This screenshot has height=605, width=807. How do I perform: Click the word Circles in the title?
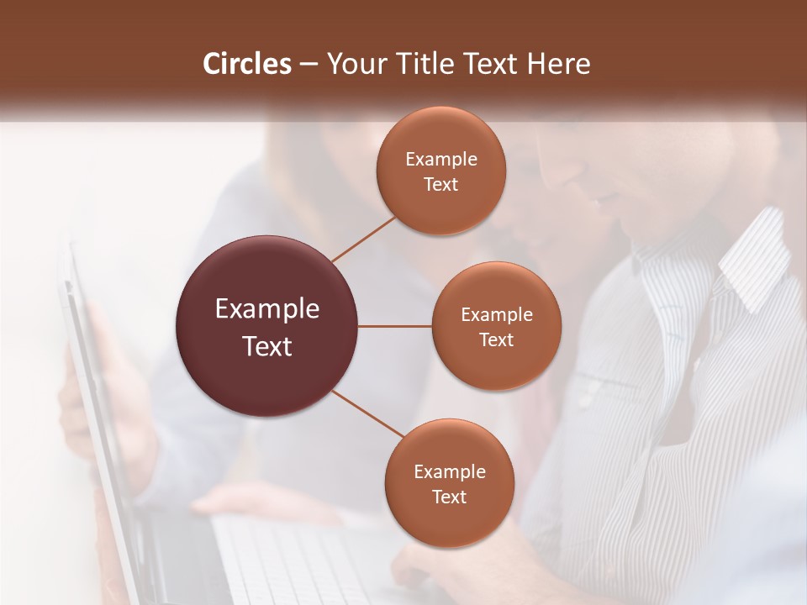coord(246,64)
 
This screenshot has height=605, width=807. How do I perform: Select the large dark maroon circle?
coord(266,326)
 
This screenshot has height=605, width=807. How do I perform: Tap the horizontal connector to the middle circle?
coord(395,326)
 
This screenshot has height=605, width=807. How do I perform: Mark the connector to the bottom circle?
coord(367,413)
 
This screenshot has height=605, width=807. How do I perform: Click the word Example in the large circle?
coord(266,309)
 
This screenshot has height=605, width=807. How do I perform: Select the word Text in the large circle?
coord(266,346)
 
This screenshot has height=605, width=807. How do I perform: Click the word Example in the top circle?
coord(440,160)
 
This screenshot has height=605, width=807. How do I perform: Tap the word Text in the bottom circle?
coord(449,497)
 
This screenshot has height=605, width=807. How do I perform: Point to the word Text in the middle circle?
coord(496,339)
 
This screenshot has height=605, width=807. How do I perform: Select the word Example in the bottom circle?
coord(449,472)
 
